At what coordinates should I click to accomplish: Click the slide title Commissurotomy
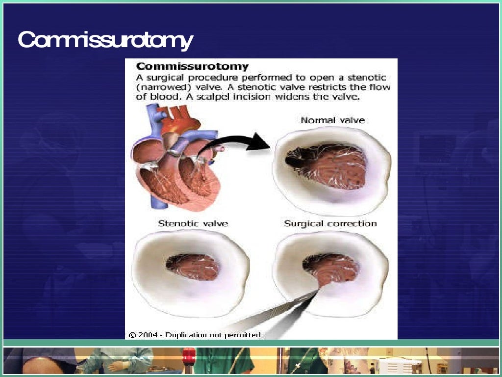(x=105, y=40)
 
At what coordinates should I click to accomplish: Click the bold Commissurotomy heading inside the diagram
(x=192, y=66)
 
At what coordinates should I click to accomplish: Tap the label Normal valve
(x=332, y=120)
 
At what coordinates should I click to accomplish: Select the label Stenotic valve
(x=193, y=224)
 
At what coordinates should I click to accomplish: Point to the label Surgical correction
(x=330, y=224)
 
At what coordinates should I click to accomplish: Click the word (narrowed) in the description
(x=156, y=88)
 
